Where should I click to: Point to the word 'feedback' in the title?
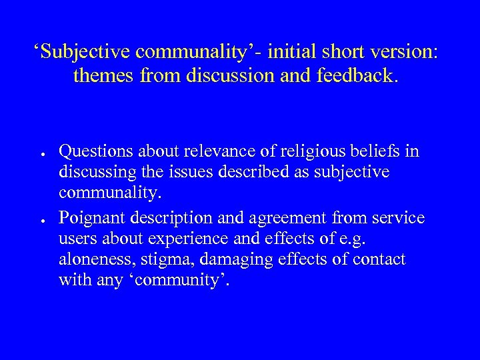(361, 76)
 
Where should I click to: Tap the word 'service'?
(397, 217)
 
